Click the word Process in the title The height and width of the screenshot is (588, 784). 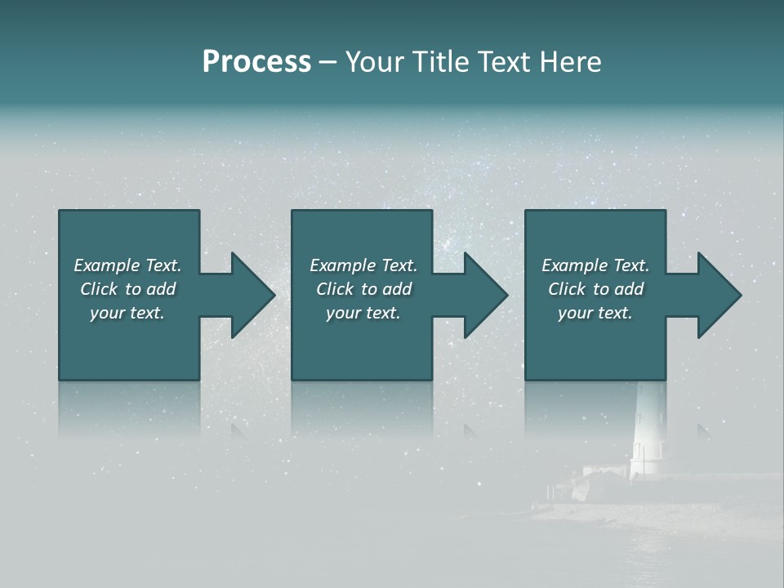click(256, 62)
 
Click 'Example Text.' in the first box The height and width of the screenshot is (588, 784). click(127, 265)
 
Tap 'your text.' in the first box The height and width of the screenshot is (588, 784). click(127, 313)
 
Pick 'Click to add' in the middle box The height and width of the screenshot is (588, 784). click(363, 289)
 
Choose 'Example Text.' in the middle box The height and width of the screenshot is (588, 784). click(363, 265)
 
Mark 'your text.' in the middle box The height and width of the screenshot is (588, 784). click(363, 313)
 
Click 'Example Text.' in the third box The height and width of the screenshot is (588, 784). click(595, 265)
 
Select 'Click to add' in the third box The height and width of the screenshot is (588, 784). click(595, 289)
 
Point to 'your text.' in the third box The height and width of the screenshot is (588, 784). click(595, 313)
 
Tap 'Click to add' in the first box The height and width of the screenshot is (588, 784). click(127, 289)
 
